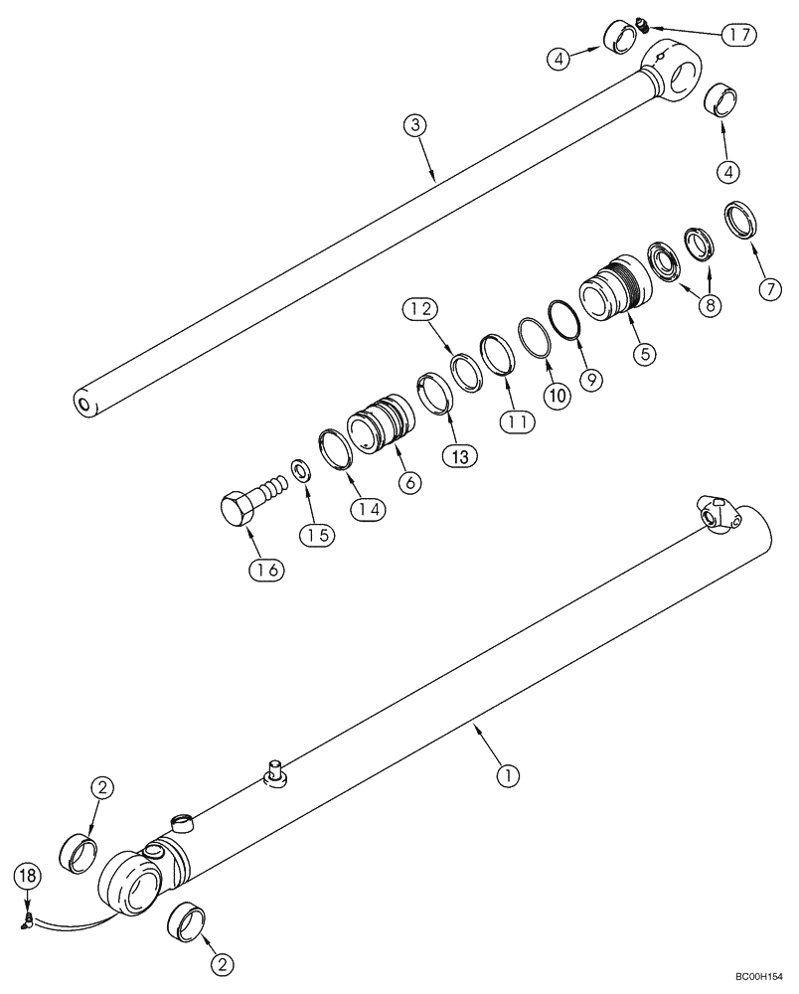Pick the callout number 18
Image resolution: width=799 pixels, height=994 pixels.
(x=28, y=876)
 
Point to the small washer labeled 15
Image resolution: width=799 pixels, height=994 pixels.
(x=298, y=468)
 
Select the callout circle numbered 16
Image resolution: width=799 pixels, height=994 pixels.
(x=269, y=570)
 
